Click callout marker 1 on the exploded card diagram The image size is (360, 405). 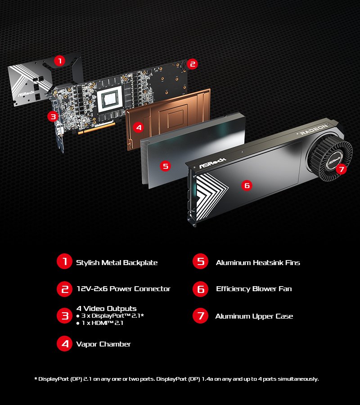tap(60, 60)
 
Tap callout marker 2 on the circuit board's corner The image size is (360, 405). tap(192, 64)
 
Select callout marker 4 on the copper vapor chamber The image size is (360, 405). tap(139, 128)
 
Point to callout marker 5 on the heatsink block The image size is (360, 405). tap(165, 166)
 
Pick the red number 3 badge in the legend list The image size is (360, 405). tap(65, 315)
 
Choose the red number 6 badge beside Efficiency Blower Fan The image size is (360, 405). tap(200, 289)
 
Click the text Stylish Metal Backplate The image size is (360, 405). tap(117, 262)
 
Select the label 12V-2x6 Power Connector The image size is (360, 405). tap(123, 289)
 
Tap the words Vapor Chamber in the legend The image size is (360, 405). tap(103, 344)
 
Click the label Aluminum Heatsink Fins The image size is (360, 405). tap(258, 262)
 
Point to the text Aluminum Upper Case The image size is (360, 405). tap(254, 316)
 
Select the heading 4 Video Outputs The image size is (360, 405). tap(106, 309)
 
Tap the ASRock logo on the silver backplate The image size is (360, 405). tap(27, 95)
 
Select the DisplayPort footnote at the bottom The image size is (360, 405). tap(176, 379)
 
